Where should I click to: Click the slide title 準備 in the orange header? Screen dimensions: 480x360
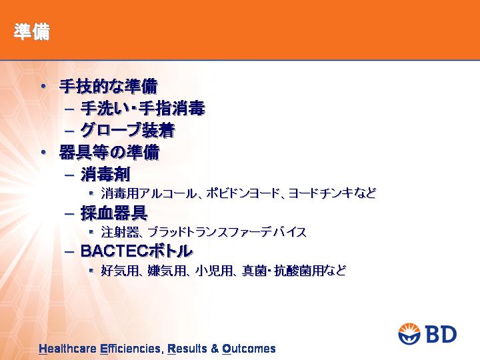coord(31,31)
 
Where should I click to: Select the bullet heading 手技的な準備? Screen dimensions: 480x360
coord(109,86)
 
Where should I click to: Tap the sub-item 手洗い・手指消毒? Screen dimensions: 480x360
coord(143,109)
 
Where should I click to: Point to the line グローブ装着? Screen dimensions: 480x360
coord(127,130)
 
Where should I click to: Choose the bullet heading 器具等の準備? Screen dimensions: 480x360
coord(109,152)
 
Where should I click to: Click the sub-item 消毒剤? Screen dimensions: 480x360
coord(105,175)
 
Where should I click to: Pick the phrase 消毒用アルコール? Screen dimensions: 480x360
coord(149,193)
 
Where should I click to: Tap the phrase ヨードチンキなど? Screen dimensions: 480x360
coord(332,193)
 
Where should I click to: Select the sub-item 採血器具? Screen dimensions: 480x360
coord(114,213)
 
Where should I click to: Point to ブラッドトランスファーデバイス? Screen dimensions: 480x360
coord(227,232)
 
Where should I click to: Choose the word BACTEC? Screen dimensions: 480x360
coord(112,251)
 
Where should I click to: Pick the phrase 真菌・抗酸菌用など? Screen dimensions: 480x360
coord(294,271)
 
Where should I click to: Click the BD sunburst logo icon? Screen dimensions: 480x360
coord(409,333)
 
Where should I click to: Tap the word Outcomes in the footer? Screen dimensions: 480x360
coord(249,349)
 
